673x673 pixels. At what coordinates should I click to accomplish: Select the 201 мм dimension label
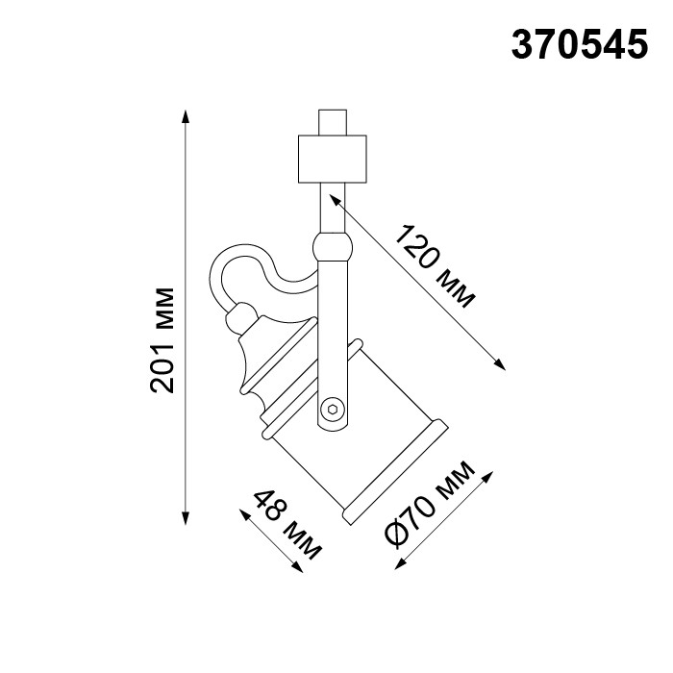pyautogui.click(x=164, y=339)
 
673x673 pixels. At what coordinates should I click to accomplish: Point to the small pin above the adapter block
pyautogui.click(x=333, y=123)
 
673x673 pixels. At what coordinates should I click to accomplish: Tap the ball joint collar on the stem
pyautogui.click(x=333, y=246)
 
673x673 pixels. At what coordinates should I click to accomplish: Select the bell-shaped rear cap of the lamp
pyautogui.click(x=254, y=356)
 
